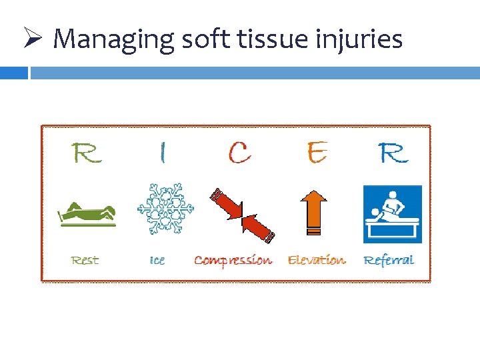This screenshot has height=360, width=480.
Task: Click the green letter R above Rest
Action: pyautogui.click(x=86, y=153)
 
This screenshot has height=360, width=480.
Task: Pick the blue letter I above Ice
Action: pyautogui.click(x=161, y=153)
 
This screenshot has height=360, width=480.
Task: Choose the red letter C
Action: pyautogui.click(x=239, y=153)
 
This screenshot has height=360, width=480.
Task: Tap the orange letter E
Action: pyautogui.click(x=317, y=153)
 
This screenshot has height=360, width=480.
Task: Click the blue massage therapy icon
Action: pyautogui.click(x=393, y=214)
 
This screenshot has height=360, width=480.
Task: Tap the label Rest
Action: pyautogui.click(x=85, y=260)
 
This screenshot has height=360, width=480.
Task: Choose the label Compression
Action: pyautogui.click(x=233, y=260)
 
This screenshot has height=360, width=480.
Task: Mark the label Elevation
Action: pyautogui.click(x=317, y=260)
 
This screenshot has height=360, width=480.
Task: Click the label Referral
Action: pyautogui.click(x=389, y=260)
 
